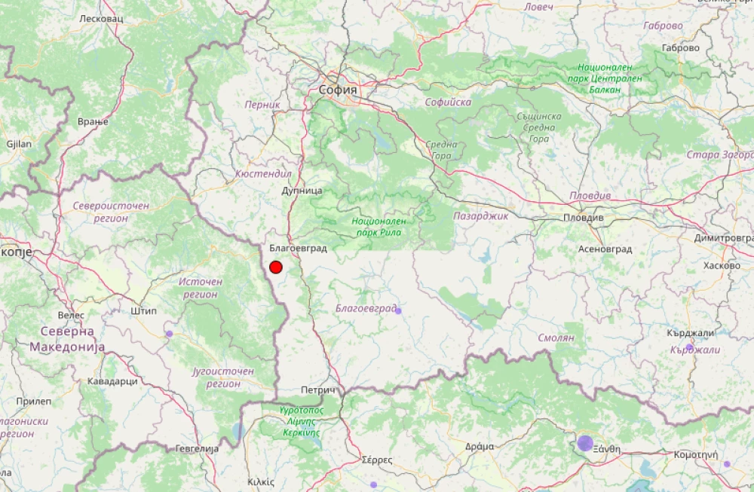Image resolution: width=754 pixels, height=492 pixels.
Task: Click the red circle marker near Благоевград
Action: (276, 267)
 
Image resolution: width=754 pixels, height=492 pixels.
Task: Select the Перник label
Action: (262, 105)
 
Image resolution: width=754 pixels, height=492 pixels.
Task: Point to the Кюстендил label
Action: (263, 173)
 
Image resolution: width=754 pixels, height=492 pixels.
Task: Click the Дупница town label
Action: (302, 191)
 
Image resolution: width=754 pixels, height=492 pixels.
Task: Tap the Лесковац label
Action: (101, 17)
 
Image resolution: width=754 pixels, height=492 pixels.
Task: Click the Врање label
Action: (93, 121)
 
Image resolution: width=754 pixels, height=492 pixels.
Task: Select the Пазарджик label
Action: (481, 215)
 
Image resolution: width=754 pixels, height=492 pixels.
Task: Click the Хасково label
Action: (722, 266)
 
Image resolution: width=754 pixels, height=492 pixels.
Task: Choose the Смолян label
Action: (557, 338)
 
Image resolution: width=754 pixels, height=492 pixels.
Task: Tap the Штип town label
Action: (143, 310)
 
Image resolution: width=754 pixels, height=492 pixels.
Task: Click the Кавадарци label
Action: (112, 381)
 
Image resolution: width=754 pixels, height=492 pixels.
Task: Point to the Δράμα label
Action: (480, 446)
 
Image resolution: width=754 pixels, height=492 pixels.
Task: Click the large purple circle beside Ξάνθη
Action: (585, 442)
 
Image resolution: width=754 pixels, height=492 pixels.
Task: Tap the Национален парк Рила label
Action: (379, 227)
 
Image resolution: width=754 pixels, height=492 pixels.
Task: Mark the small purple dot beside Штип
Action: (169, 333)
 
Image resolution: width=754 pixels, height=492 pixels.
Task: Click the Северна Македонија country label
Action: (67, 339)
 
